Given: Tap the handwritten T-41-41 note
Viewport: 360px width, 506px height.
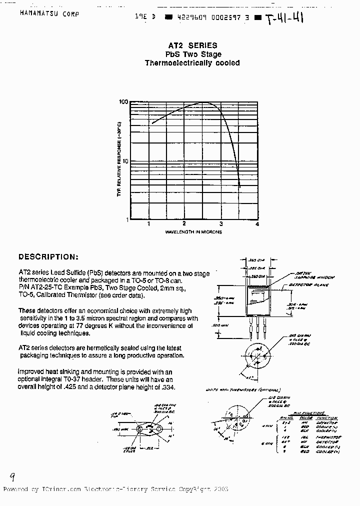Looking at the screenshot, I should click(284, 19).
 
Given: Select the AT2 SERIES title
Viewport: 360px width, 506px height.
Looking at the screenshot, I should click(192, 45).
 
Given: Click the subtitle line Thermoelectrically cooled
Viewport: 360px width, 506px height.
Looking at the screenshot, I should click(192, 63).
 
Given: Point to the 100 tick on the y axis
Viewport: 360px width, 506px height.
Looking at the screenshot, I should click(123, 101).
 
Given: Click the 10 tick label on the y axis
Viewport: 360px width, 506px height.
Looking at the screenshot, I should click(125, 161).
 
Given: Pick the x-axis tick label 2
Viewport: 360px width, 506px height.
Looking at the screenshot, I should click(184, 224).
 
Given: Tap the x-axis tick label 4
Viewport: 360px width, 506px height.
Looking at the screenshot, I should click(257, 224).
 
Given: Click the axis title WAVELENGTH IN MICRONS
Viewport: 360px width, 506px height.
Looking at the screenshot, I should click(193, 232).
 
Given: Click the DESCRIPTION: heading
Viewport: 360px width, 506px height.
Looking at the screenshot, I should click(48, 257).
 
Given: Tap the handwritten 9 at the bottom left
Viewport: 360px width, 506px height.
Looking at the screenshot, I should click(12, 476).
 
